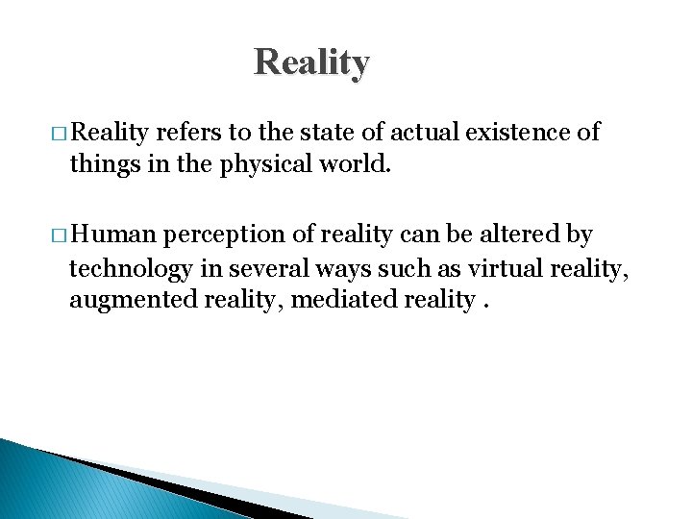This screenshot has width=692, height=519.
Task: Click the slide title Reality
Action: point(311,62)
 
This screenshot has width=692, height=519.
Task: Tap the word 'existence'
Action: point(517,133)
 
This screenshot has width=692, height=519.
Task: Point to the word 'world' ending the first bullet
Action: point(357,165)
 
